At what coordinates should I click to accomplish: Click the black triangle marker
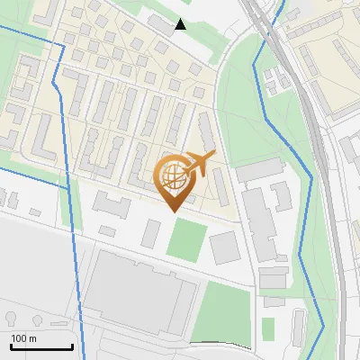click(181, 24)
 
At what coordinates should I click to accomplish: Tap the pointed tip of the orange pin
click(175, 210)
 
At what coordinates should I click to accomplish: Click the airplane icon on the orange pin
click(199, 164)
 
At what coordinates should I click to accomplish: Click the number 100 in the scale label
click(20, 338)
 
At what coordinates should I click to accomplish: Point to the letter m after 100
click(33, 338)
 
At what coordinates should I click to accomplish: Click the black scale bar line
click(41, 346)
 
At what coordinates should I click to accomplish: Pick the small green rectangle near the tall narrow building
click(268, 328)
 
